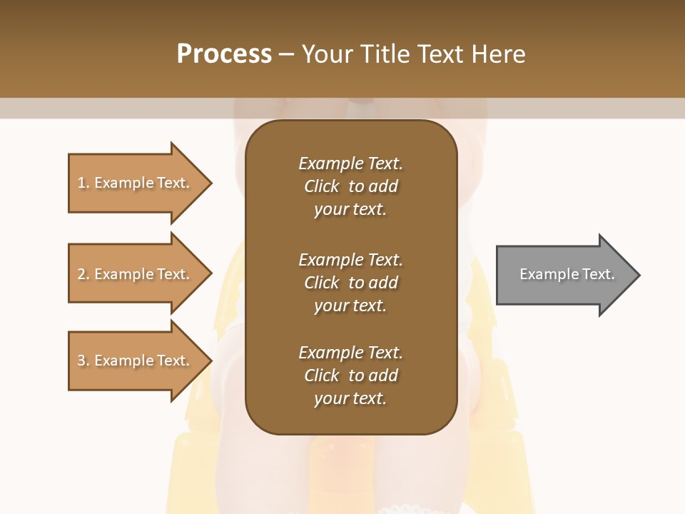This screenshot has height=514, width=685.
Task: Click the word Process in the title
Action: pos(224,54)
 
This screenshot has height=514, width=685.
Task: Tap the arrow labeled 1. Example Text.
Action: pos(136,183)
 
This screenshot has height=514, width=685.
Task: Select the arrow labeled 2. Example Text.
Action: pos(136,274)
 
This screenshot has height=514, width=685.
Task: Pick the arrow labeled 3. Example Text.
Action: pos(136,361)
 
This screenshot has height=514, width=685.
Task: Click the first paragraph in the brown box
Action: pos(350,186)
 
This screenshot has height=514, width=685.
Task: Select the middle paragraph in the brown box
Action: pos(350,283)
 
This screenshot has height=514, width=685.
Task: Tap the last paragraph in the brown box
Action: pos(350,376)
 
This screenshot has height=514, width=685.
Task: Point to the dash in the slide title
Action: pos(286,54)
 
